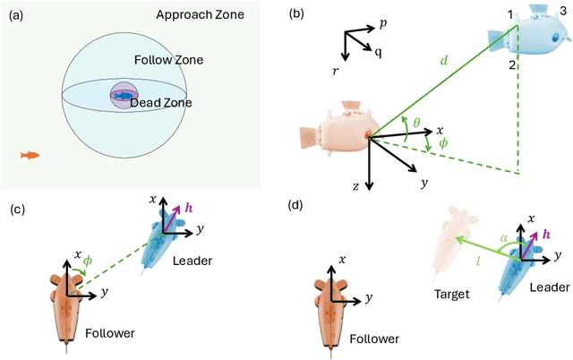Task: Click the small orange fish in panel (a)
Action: (30, 156)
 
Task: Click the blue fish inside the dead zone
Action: (124, 94)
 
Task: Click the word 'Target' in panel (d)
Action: (455, 293)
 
